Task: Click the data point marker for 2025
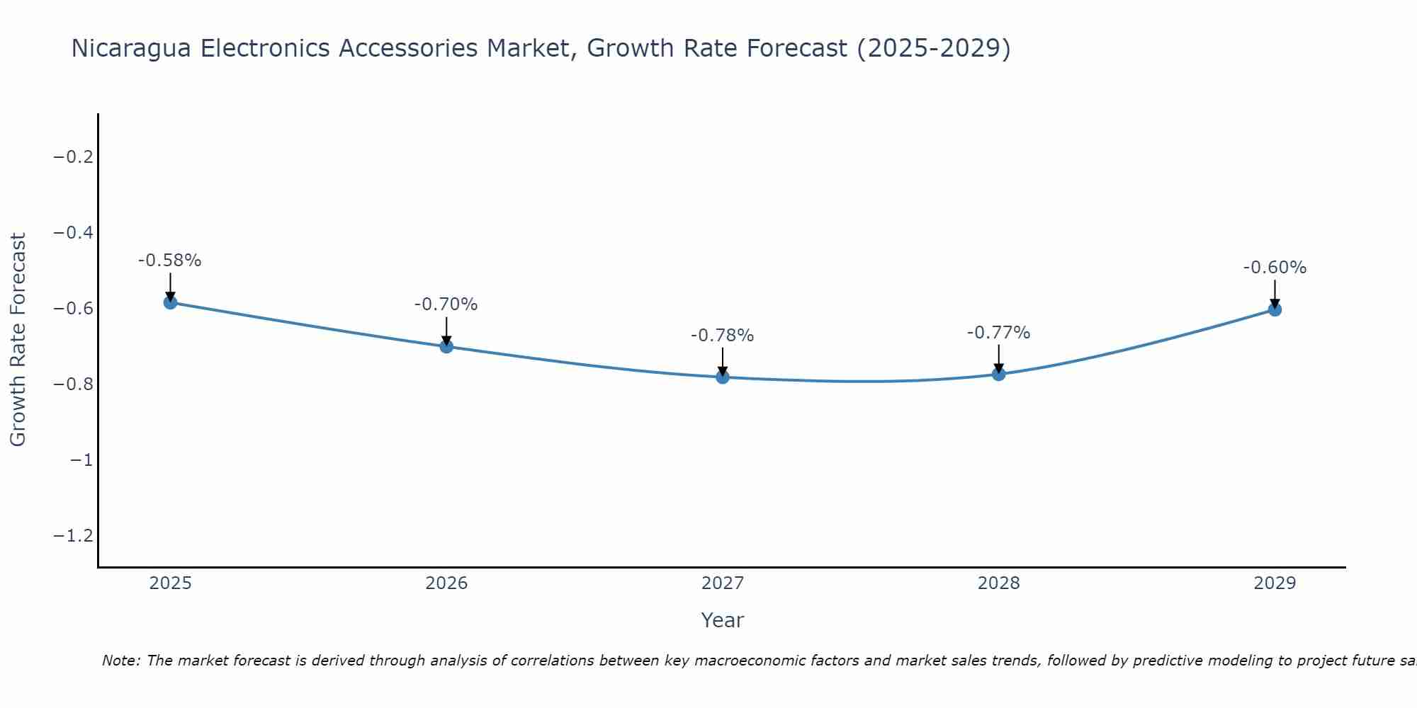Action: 170,302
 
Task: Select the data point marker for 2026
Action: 446,346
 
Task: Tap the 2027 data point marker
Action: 723,377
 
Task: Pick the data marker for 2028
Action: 998,373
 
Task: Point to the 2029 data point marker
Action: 1275,309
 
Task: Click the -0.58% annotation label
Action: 170,261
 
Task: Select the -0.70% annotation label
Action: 446,304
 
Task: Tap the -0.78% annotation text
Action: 723,336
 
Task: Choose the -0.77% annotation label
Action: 998,333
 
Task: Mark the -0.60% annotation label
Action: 1275,268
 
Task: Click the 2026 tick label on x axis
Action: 446,583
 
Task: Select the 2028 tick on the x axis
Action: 998,583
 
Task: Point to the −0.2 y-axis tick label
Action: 73,157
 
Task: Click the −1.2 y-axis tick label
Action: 73,536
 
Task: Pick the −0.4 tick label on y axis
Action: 73,233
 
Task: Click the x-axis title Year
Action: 722,620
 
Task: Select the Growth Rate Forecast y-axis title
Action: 18,340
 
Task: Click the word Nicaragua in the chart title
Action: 131,48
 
